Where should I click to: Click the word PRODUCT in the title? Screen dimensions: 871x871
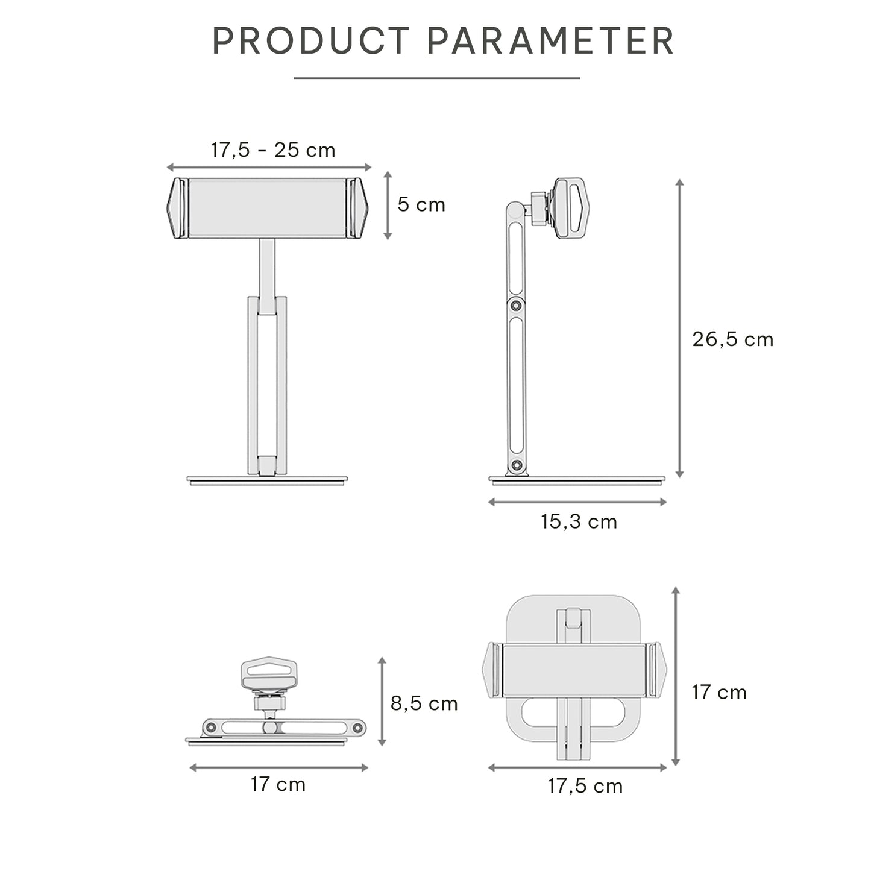click(310, 41)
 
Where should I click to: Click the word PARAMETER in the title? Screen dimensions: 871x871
click(550, 41)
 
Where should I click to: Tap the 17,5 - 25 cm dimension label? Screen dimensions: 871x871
click(272, 149)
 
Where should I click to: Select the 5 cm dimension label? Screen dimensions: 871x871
click(421, 205)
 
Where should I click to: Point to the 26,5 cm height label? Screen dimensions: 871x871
click(732, 339)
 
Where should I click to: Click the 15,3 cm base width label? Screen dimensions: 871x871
click(579, 522)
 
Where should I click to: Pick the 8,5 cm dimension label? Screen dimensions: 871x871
click(424, 703)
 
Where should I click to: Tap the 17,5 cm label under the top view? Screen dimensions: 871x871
click(585, 786)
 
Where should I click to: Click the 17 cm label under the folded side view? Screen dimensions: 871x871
click(278, 785)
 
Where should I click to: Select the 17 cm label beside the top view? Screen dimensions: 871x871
click(718, 693)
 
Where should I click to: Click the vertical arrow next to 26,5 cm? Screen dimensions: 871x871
click(679, 329)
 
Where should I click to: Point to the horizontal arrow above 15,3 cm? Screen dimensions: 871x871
click(577, 502)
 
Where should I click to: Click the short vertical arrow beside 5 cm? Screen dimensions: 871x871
click(388, 206)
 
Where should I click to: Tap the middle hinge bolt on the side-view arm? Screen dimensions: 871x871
click(515, 305)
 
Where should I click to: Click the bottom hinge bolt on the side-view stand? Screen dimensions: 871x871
click(516, 465)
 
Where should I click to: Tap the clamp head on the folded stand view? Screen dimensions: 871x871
click(269, 674)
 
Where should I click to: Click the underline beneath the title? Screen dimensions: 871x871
click(436, 78)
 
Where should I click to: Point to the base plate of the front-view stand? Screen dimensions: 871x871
click(268, 480)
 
